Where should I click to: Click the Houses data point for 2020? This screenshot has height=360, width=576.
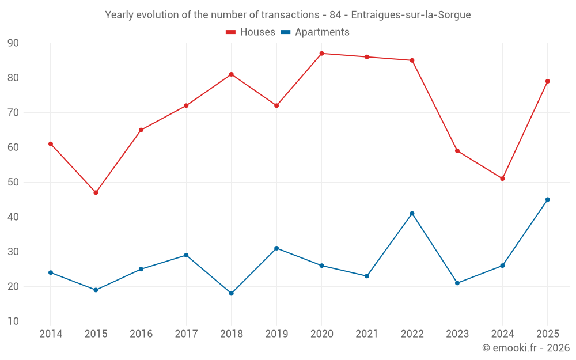(322, 54)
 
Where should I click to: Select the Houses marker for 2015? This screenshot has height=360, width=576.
(96, 192)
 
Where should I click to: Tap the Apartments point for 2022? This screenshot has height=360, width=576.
(412, 214)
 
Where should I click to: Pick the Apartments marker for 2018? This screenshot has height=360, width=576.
(232, 294)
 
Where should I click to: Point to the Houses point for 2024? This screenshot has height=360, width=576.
(502, 179)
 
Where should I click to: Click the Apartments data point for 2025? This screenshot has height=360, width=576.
(548, 199)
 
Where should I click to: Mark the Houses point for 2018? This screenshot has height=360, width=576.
(232, 74)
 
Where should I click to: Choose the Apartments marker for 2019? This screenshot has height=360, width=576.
(276, 248)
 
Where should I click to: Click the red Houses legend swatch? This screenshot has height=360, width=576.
(231, 32)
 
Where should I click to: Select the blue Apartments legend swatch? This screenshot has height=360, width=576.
(286, 32)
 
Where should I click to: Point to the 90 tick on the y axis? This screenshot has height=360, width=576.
(13, 43)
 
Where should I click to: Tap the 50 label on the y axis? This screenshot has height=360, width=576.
(13, 182)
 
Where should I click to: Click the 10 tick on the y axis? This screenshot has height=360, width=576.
(13, 321)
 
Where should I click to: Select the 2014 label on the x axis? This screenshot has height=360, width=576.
(51, 334)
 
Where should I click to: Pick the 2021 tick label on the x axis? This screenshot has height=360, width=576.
(367, 334)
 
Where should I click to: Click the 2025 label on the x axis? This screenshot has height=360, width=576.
(548, 334)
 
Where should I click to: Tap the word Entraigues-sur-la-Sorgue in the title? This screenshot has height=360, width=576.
(411, 15)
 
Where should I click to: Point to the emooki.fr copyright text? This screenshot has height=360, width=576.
(526, 348)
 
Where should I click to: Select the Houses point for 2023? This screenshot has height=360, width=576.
(457, 151)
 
